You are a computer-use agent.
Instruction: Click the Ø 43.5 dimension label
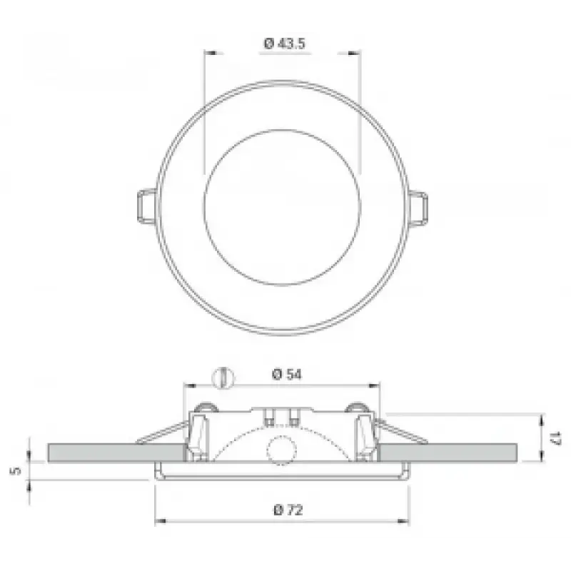pyautogui.click(x=284, y=44)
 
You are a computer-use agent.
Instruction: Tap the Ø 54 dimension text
pyautogui.click(x=287, y=374)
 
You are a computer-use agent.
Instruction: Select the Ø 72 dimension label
pyautogui.click(x=288, y=510)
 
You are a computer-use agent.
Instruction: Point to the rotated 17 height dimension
pyautogui.click(x=556, y=438)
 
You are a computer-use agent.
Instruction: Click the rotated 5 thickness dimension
pyautogui.click(x=16, y=470)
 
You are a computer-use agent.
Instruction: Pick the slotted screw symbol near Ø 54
pyautogui.click(x=223, y=378)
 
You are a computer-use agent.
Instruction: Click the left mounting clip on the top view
pyautogui.click(x=147, y=206)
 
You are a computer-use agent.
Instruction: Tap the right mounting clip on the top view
pyautogui.click(x=418, y=209)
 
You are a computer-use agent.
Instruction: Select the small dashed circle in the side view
pyautogui.click(x=281, y=450)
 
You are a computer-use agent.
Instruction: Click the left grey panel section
pyautogui.click(x=116, y=453)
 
